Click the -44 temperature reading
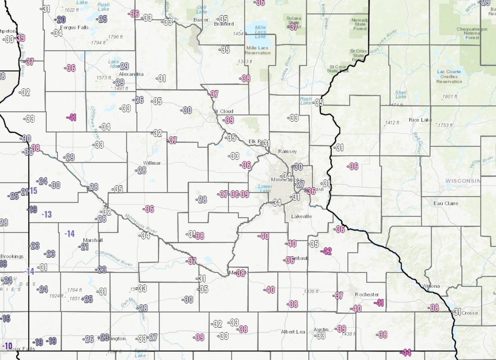pyautogui.click(x=406, y=353)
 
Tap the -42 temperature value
pyautogui.click(x=327, y=251)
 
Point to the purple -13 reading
pyautogui.click(x=47, y=214)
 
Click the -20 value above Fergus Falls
pyautogui.click(x=61, y=19)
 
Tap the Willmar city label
pyautogui.click(x=152, y=163)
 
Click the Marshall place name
pyautogui.click(x=93, y=240)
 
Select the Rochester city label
pyautogui.click(x=367, y=294)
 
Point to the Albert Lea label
pyautogui.click(x=293, y=332)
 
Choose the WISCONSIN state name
pyautogui.click(x=463, y=181)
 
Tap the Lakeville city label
pyautogui.click(x=301, y=216)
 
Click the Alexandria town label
pyautogui.click(x=131, y=74)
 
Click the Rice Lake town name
pyautogui.click(x=420, y=120)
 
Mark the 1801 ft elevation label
pyautogui.click(x=450, y=97)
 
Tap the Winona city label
pyautogui.click(x=431, y=286)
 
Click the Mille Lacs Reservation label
pyautogui.click(x=258, y=50)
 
